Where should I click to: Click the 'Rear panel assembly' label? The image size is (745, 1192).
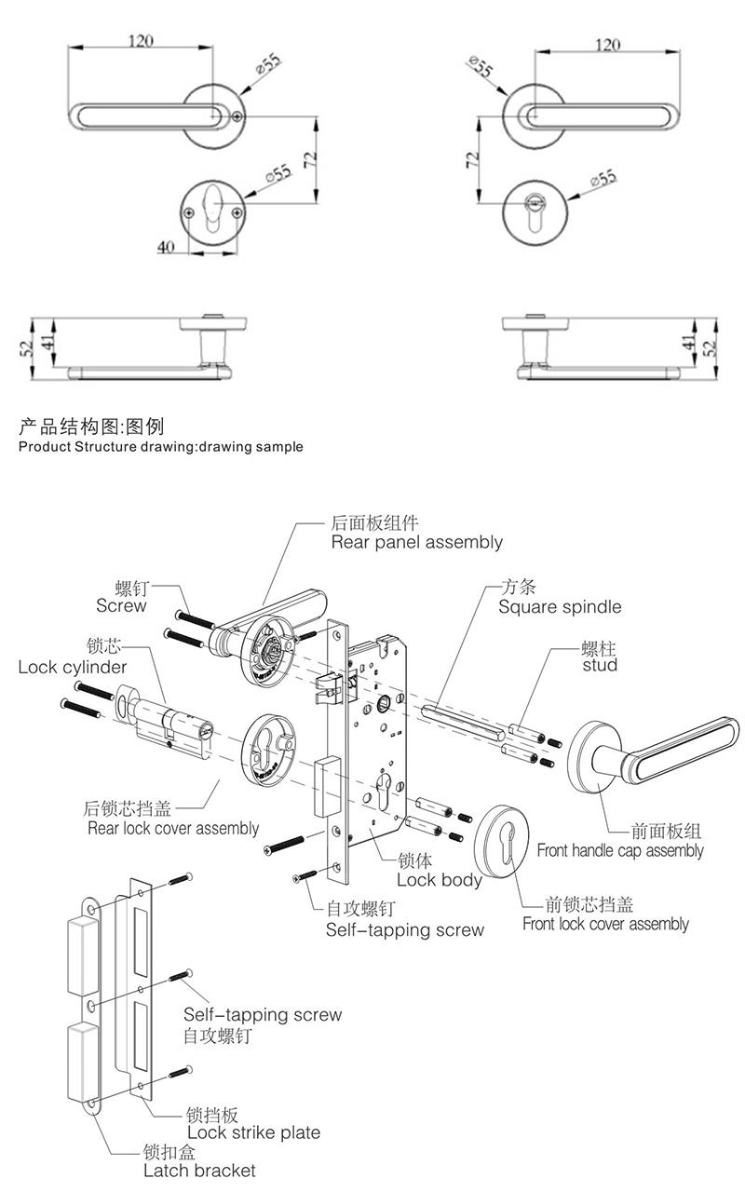tap(416, 542)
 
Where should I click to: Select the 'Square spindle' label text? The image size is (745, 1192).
tap(559, 607)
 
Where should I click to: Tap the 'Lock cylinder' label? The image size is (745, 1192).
tap(72, 667)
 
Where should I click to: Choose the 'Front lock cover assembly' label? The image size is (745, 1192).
tap(605, 924)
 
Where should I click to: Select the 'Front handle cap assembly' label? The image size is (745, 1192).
tap(620, 850)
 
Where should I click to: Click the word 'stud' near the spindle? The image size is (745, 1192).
tap(600, 665)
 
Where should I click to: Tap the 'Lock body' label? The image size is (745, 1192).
tap(439, 880)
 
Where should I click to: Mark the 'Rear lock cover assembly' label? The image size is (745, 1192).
tap(172, 828)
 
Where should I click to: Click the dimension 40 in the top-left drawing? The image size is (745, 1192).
tap(166, 247)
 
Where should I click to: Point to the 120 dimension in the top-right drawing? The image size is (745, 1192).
tap(606, 45)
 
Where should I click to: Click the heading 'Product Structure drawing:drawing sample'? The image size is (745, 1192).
tap(160, 446)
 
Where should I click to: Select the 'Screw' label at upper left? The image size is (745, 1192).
tap(121, 606)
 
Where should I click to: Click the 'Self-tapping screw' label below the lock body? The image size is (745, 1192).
tap(404, 929)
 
